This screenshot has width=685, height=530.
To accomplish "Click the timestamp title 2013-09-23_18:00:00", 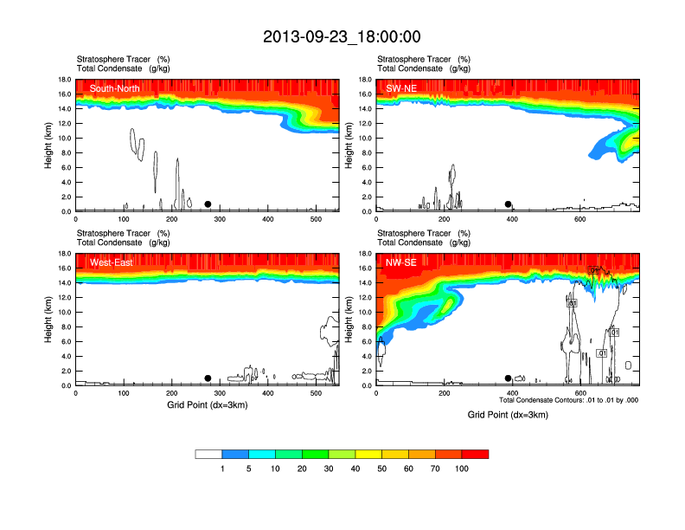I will pos(342,36).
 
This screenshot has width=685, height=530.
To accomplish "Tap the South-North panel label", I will pos(116,88).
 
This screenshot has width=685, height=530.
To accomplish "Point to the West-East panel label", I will pos(112,262).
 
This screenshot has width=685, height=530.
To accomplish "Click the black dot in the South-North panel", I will pos(208,204).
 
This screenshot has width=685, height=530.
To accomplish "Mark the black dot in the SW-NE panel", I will pos(509,204).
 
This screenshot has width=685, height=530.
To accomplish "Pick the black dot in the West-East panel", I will pos(208,378).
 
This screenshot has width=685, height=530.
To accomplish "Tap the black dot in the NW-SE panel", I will pos(509,378).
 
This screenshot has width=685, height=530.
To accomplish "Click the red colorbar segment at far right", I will pos(475,454).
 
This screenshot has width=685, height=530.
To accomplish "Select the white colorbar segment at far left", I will pos(208,454).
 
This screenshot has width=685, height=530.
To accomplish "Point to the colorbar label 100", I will pos(462,469).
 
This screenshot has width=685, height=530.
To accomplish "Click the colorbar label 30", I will pos(329,469).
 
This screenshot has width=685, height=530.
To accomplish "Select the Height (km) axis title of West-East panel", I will pos(50,320).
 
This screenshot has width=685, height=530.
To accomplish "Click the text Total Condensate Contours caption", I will pos(568,400).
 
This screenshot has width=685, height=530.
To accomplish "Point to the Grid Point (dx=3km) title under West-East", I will pos(208,404).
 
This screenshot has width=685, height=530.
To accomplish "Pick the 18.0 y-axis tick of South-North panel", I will pos(65,80).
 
